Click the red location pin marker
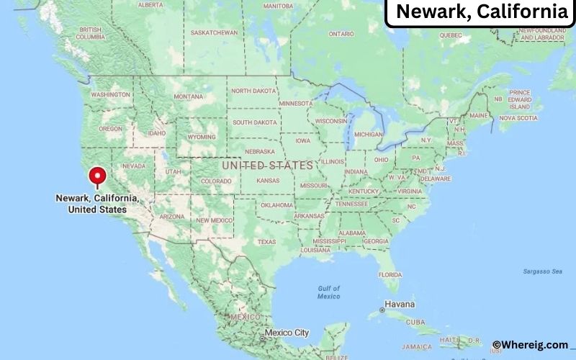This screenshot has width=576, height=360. pos(96,176)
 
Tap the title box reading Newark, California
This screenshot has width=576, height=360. pos(481,12)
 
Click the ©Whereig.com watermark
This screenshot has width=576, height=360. pos(530,345)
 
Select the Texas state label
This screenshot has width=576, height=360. pos(266,241)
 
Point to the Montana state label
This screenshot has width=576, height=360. pos(189,96)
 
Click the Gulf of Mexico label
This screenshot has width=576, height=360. pos(329,292)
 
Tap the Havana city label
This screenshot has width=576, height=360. pos(400,303)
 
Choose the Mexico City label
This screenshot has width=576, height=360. pos(287,333)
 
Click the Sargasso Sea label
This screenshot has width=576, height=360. pos(543,271)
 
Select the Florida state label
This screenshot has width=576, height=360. pos(390,274)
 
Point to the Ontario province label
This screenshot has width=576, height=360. pos(341,33)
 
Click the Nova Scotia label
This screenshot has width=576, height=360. pos(518,117)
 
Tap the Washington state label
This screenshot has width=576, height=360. pos(111,94)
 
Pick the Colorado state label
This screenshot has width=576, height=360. pos(216,181)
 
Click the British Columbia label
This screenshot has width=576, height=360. pos(91,33)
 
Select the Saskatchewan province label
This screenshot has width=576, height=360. pos(214,32)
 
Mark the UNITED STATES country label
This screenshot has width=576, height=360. pos(267,165)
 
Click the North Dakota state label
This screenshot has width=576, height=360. pos(253,91)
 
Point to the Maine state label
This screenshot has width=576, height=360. pos(478,115)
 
